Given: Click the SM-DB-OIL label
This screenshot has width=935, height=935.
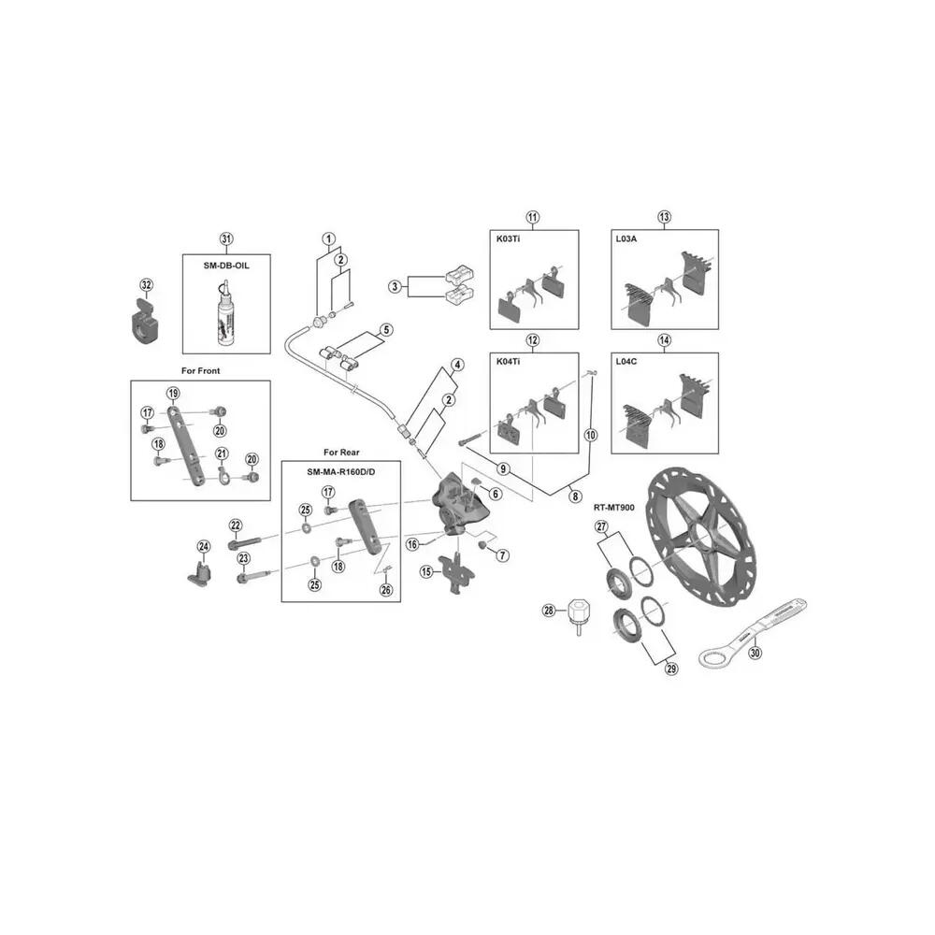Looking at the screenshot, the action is (x=226, y=266).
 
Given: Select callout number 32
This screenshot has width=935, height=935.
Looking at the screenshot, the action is (x=146, y=285).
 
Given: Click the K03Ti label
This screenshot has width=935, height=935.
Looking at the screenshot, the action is (x=508, y=238).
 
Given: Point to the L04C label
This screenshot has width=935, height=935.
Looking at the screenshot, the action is (x=626, y=361).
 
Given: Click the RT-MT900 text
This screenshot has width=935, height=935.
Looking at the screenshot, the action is (x=613, y=508).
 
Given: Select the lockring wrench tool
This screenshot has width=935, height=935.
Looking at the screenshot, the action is (x=753, y=634).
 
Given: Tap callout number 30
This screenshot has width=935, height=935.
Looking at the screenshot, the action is (x=755, y=653).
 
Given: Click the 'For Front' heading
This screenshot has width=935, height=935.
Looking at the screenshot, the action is (x=200, y=371).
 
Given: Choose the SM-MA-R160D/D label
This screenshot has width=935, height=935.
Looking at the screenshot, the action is (x=341, y=471).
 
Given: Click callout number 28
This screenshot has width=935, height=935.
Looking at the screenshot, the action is (x=549, y=610).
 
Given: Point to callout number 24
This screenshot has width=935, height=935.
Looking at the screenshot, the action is (x=204, y=546).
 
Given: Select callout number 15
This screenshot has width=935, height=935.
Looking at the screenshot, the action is (x=426, y=572).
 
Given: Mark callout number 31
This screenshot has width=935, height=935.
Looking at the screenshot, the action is (x=226, y=239).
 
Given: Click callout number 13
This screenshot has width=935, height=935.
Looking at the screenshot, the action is (x=664, y=217).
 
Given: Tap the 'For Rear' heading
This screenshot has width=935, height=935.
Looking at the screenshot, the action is (x=341, y=452).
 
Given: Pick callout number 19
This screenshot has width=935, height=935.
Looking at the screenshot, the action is (x=173, y=393).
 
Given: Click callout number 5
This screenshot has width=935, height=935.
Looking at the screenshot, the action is (x=386, y=330).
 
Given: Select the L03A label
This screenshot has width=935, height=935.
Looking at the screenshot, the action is (x=626, y=238).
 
